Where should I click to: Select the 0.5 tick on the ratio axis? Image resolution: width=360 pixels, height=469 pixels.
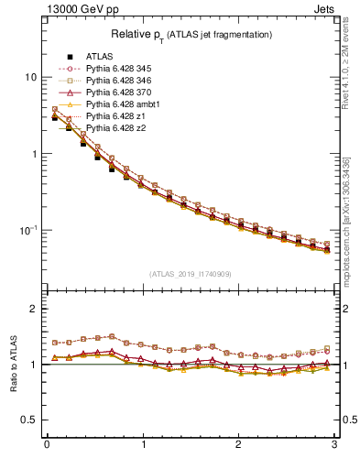pyautogui.click(x=30, y=420)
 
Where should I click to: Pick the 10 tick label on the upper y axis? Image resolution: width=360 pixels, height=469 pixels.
pyautogui.click(x=30, y=77)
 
